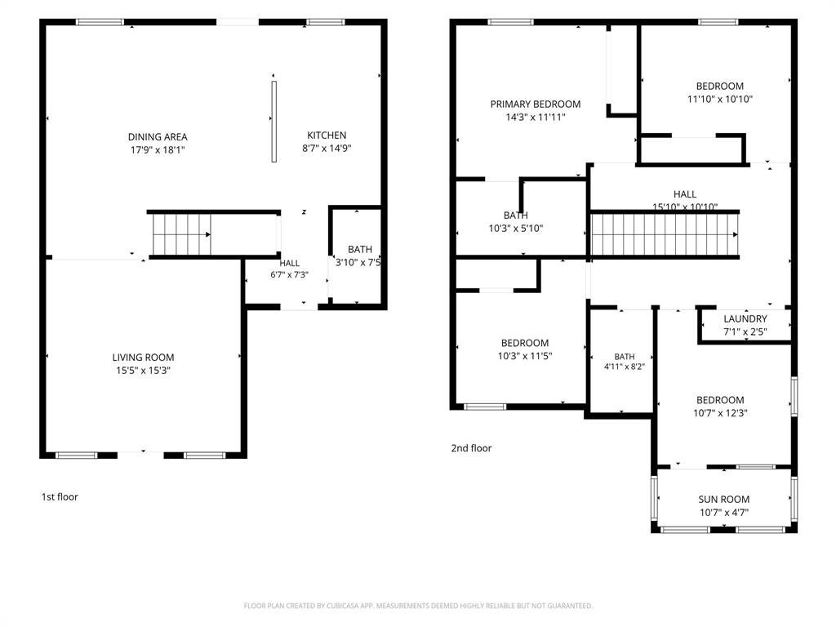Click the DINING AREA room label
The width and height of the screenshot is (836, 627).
pos(158,137)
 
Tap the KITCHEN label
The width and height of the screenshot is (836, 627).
pos(327,136)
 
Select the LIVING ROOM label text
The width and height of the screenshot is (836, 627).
pos(143,358)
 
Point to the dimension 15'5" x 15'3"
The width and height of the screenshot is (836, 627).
pos(143,371)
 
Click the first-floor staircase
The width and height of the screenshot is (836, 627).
pos(181,234)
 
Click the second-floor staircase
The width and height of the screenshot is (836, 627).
pos(665,234)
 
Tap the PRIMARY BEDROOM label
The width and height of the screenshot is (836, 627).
pos(536,104)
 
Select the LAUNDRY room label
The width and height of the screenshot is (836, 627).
pos(745,319)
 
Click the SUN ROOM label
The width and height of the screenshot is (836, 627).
pos(724,500)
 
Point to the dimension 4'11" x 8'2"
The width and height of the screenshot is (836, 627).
pos(625,367)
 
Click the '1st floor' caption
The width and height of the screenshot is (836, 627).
pos(60,497)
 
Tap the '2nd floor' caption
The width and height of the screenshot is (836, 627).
pos(471,448)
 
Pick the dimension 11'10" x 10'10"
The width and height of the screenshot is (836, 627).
pos(720,99)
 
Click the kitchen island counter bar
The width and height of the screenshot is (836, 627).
pos(274,122)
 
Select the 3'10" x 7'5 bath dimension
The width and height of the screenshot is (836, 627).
pos(358,262)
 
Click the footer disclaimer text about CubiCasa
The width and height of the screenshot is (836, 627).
pos(418,606)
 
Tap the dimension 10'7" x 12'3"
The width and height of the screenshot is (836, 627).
pos(720,413)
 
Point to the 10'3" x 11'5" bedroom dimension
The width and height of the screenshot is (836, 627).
pos(525,356)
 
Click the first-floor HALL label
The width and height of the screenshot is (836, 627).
pos(290,264)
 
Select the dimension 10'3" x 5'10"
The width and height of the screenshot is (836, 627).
pos(516,229)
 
